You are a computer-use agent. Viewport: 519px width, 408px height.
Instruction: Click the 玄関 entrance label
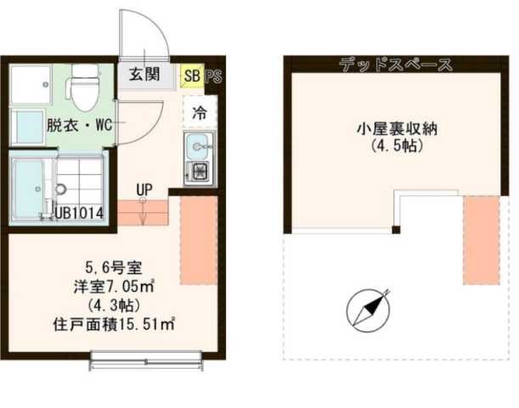[x=144, y=74]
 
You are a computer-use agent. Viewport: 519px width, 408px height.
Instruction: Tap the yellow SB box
[x=193, y=75]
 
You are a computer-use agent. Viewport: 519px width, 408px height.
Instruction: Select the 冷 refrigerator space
[x=199, y=111]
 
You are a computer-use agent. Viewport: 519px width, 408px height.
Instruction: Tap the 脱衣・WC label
[x=80, y=125]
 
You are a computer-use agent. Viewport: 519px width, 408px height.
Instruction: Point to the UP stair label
[x=143, y=189]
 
